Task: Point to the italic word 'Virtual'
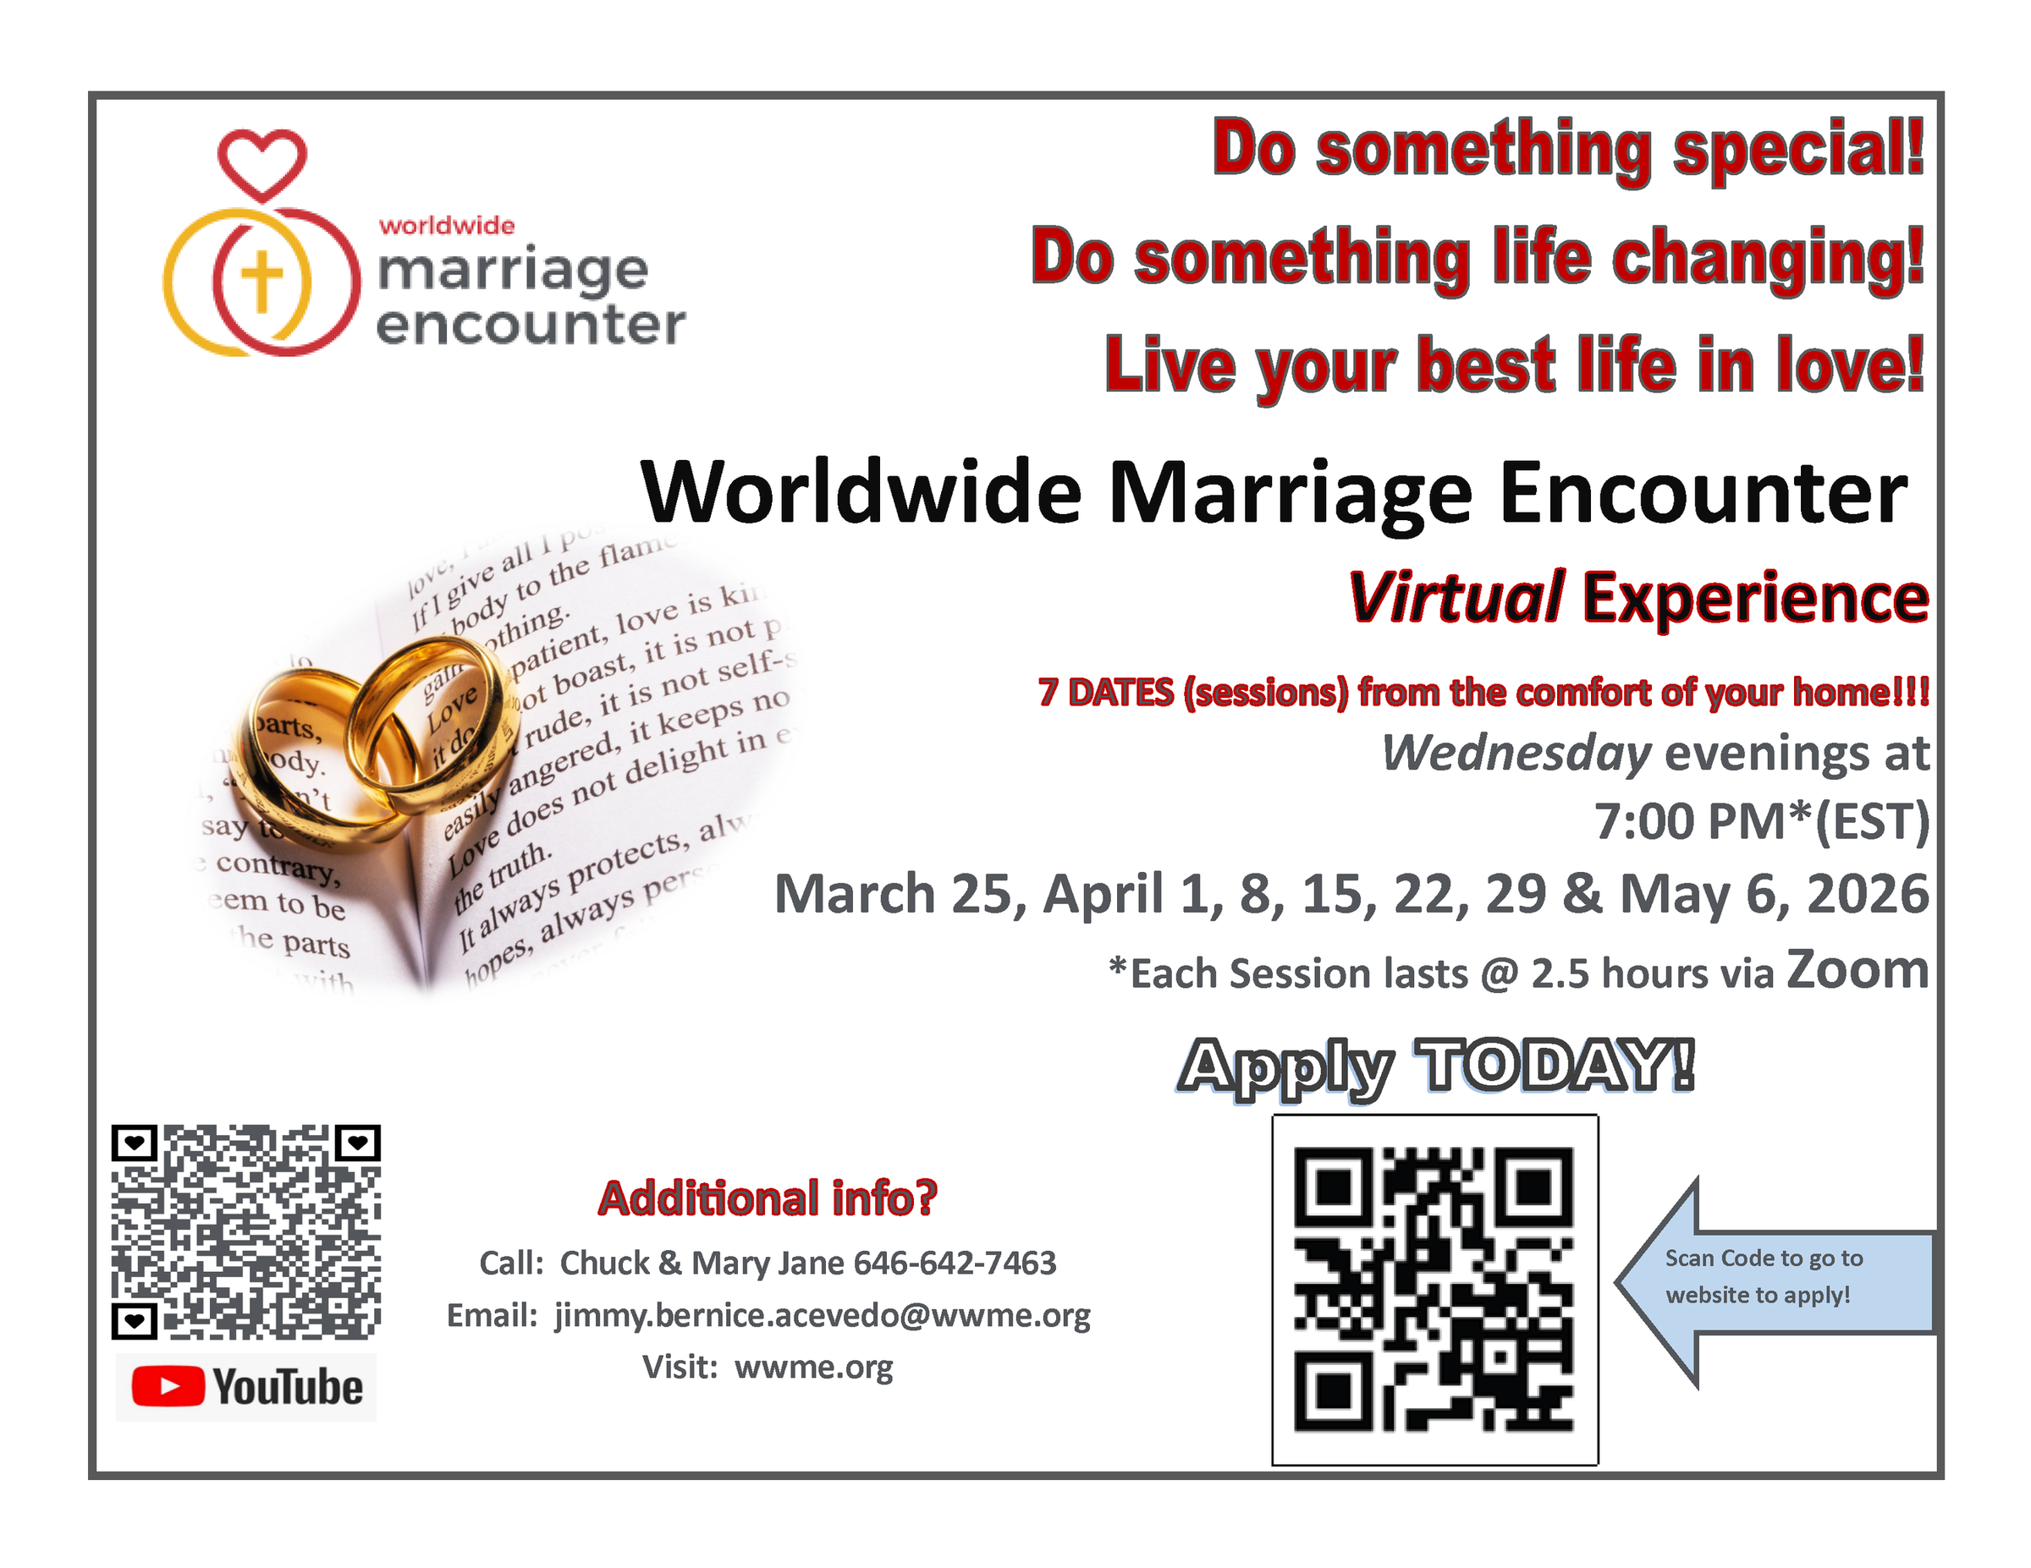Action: pos(1456,597)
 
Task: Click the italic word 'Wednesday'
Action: pos(1516,753)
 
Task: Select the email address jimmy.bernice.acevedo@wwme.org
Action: pos(822,1315)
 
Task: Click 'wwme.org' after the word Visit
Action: pos(814,1368)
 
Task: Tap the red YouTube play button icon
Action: pos(168,1387)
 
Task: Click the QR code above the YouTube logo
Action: pos(246,1231)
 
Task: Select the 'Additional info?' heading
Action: pos(768,1198)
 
